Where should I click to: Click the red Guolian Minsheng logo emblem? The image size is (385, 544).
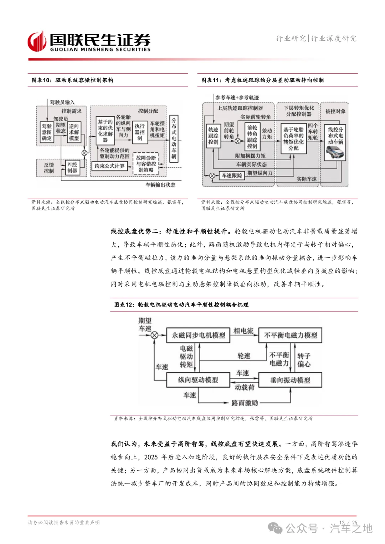(x=37, y=42)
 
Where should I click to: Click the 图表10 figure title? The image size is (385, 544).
(x=72, y=80)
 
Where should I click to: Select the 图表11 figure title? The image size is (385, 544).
(x=262, y=80)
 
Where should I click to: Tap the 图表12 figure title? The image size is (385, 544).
(x=181, y=304)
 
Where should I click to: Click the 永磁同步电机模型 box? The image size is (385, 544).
(x=198, y=335)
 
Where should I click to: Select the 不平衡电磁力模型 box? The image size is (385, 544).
(x=290, y=335)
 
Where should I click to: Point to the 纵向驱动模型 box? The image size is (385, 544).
(x=198, y=380)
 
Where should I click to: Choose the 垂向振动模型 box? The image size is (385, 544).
(x=290, y=380)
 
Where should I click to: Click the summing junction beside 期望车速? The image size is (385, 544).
(x=154, y=335)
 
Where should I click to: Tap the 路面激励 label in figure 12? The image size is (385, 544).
(x=245, y=403)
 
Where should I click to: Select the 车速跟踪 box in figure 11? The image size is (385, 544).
(x=232, y=175)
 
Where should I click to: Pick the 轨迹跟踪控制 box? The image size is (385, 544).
(x=213, y=136)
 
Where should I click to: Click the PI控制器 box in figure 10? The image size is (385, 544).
(x=72, y=167)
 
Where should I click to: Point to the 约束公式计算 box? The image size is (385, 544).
(x=109, y=166)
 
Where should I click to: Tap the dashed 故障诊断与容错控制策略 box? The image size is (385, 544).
(x=146, y=164)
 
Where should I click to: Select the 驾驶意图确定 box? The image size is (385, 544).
(x=47, y=132)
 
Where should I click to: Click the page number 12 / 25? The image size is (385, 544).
(x=348, y=523)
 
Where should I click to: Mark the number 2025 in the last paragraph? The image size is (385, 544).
(x=151, y=457)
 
